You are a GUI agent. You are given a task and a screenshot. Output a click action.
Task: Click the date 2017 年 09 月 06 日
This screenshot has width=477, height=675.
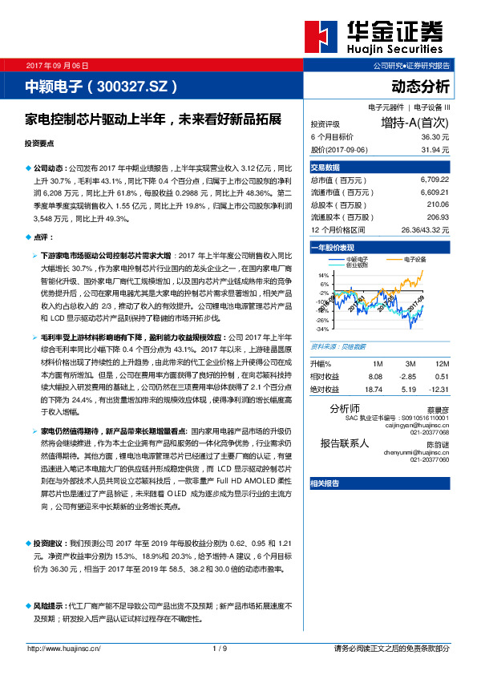(58, 65)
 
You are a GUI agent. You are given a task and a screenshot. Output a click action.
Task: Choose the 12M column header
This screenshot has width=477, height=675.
(440, 364)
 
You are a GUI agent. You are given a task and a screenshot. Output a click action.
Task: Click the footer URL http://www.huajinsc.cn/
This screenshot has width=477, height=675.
(64, 648)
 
